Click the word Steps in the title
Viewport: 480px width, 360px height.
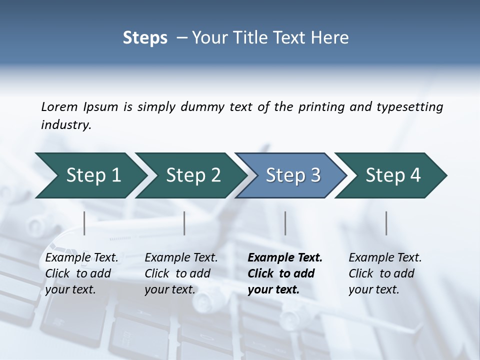click(x=145, y=38)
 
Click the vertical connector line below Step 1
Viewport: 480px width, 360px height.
click(x=84, y=223)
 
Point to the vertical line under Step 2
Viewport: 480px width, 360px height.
click(x=184, y=223)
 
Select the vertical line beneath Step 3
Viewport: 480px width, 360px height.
click(x=285, y=223)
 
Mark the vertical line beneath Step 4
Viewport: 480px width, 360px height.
click(x=386, y=223)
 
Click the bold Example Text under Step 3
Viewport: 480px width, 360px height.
click(x=284, y=273)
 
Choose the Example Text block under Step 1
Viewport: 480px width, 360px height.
click(x=81, y=273)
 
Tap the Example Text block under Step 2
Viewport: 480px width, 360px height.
click(x=181, y=273)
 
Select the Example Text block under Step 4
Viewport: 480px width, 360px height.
click(x=385, y=273)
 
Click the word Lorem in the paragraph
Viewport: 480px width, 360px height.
click(x=59, y=106)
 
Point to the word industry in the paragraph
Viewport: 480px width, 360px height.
click(x=66, y=125)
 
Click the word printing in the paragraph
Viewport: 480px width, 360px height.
click(x=322, y=107)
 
